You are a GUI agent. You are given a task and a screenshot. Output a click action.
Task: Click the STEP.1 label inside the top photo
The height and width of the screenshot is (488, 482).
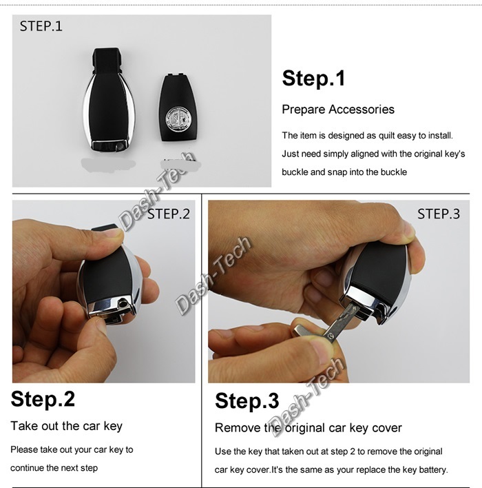click(x=41, y=26)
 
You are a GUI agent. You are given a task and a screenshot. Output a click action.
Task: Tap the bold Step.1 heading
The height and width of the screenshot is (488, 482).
click(x=313, y=78)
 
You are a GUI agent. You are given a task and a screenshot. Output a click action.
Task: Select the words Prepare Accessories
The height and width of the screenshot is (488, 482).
click(x=338, y=110)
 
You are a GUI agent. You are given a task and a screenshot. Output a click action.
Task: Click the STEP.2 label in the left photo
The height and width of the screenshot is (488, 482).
click(x=168, y=214)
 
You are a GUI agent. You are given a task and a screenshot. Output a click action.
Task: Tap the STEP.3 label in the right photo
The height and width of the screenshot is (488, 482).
click(x=439, y=214)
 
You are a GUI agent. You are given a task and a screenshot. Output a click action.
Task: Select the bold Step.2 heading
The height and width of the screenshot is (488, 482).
click(x=43, y=398)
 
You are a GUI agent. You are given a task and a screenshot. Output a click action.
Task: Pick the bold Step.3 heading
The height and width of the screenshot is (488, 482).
click(x=247, y=400)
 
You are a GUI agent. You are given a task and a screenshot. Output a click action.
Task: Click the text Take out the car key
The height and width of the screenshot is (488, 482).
click(x=67, y=426)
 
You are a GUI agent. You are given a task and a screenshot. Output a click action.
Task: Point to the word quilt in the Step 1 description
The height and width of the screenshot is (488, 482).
click(x=386, y=136)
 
